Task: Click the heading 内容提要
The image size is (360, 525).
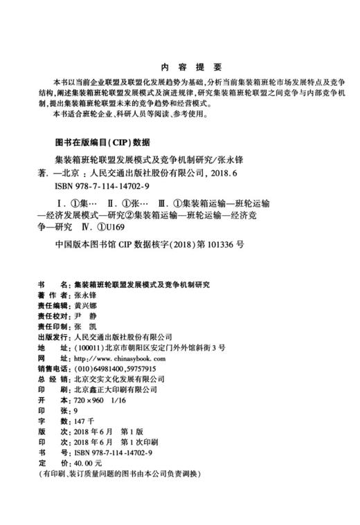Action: [180, 67]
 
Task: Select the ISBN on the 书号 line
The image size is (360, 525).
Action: [116, 450]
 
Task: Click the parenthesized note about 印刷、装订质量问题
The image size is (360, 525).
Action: [118, 473]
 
